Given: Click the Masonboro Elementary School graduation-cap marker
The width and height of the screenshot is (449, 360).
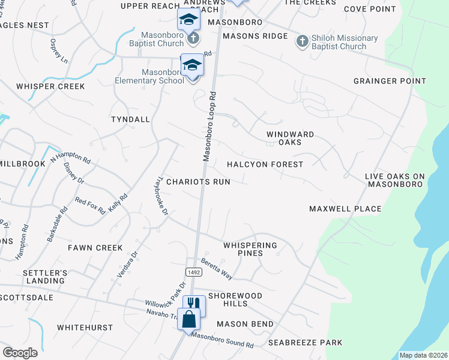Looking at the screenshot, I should (192, 65).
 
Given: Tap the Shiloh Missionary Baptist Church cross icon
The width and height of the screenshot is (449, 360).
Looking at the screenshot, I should (302, 41).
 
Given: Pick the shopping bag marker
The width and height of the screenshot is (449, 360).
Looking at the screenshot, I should (188, 318).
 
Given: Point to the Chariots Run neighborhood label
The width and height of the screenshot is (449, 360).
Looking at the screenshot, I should (198, 181).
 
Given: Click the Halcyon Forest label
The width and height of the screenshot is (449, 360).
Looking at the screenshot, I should (265, 164).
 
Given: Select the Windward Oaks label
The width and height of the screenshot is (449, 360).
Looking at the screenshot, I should (291, 138).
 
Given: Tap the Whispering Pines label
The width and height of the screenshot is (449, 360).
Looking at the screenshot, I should (250, 249).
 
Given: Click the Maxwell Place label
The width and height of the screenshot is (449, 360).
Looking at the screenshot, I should (345, 209).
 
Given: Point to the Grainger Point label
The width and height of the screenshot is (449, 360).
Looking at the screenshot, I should (390, 81).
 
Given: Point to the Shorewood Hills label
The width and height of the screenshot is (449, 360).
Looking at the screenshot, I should (235, 299).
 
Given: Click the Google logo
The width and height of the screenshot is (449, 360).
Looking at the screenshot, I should (20, 352).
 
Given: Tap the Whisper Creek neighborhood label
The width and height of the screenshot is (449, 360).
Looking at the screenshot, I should (50, 86).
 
